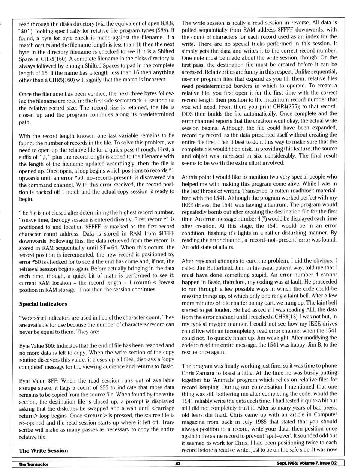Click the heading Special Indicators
click(x=43, y=304)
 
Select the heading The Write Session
click(x=43, y=450)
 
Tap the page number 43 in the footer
click(x=178, y=464)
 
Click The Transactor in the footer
click(x=33, y=464)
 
